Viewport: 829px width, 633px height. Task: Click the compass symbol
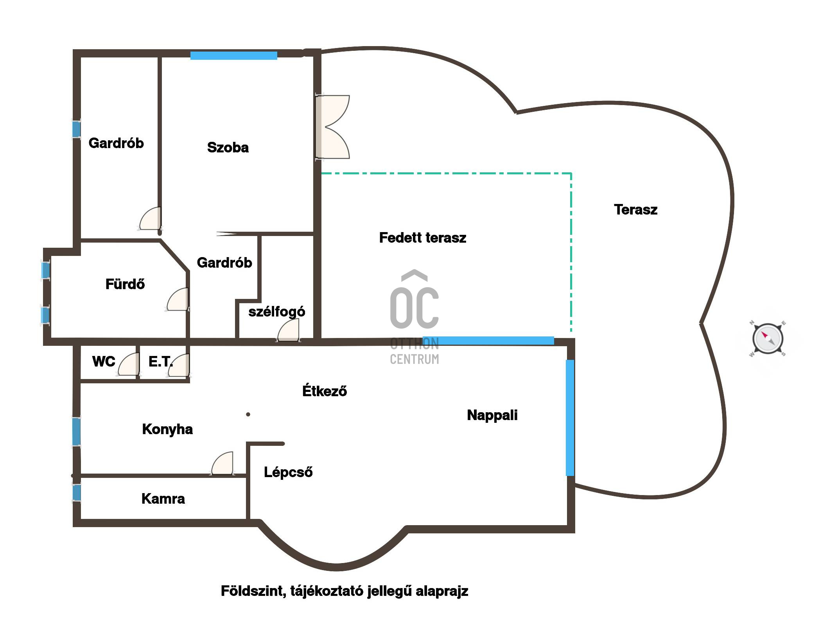click(x=768, y=339)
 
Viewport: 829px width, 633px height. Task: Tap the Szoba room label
click(x=228, y=147)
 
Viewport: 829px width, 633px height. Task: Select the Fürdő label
click(x=125, y=284)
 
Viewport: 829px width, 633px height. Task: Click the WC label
click(x=104, y=361)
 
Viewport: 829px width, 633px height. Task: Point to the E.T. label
click(x=161, y=361)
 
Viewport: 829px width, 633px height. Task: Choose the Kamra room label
click(x=163, y=499)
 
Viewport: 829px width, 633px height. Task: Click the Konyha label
click(x=167, y=429)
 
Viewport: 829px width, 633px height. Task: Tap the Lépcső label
click(x=288, y=472)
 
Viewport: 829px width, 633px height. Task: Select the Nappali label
click(x=492, y=415)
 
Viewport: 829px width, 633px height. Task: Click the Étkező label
click(x=325, y=391)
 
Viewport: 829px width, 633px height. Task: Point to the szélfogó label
click(x=277, y=311)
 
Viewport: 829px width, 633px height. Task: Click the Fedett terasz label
click(x=423, y=238)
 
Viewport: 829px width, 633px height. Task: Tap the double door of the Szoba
click(x=332, y=127)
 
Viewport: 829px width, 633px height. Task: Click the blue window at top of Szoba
click(x=234, y=55)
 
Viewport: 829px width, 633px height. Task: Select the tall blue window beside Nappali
click(x=570, y=418)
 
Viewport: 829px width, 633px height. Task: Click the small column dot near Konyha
click(x=248, y=414)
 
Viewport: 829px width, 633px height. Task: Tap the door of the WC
click(x=128, y=364)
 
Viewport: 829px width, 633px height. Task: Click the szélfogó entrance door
click(x=288, y=331)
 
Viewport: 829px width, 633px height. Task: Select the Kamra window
click(x=77, y=493)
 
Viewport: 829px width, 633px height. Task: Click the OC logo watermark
click(x=414, y=316)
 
